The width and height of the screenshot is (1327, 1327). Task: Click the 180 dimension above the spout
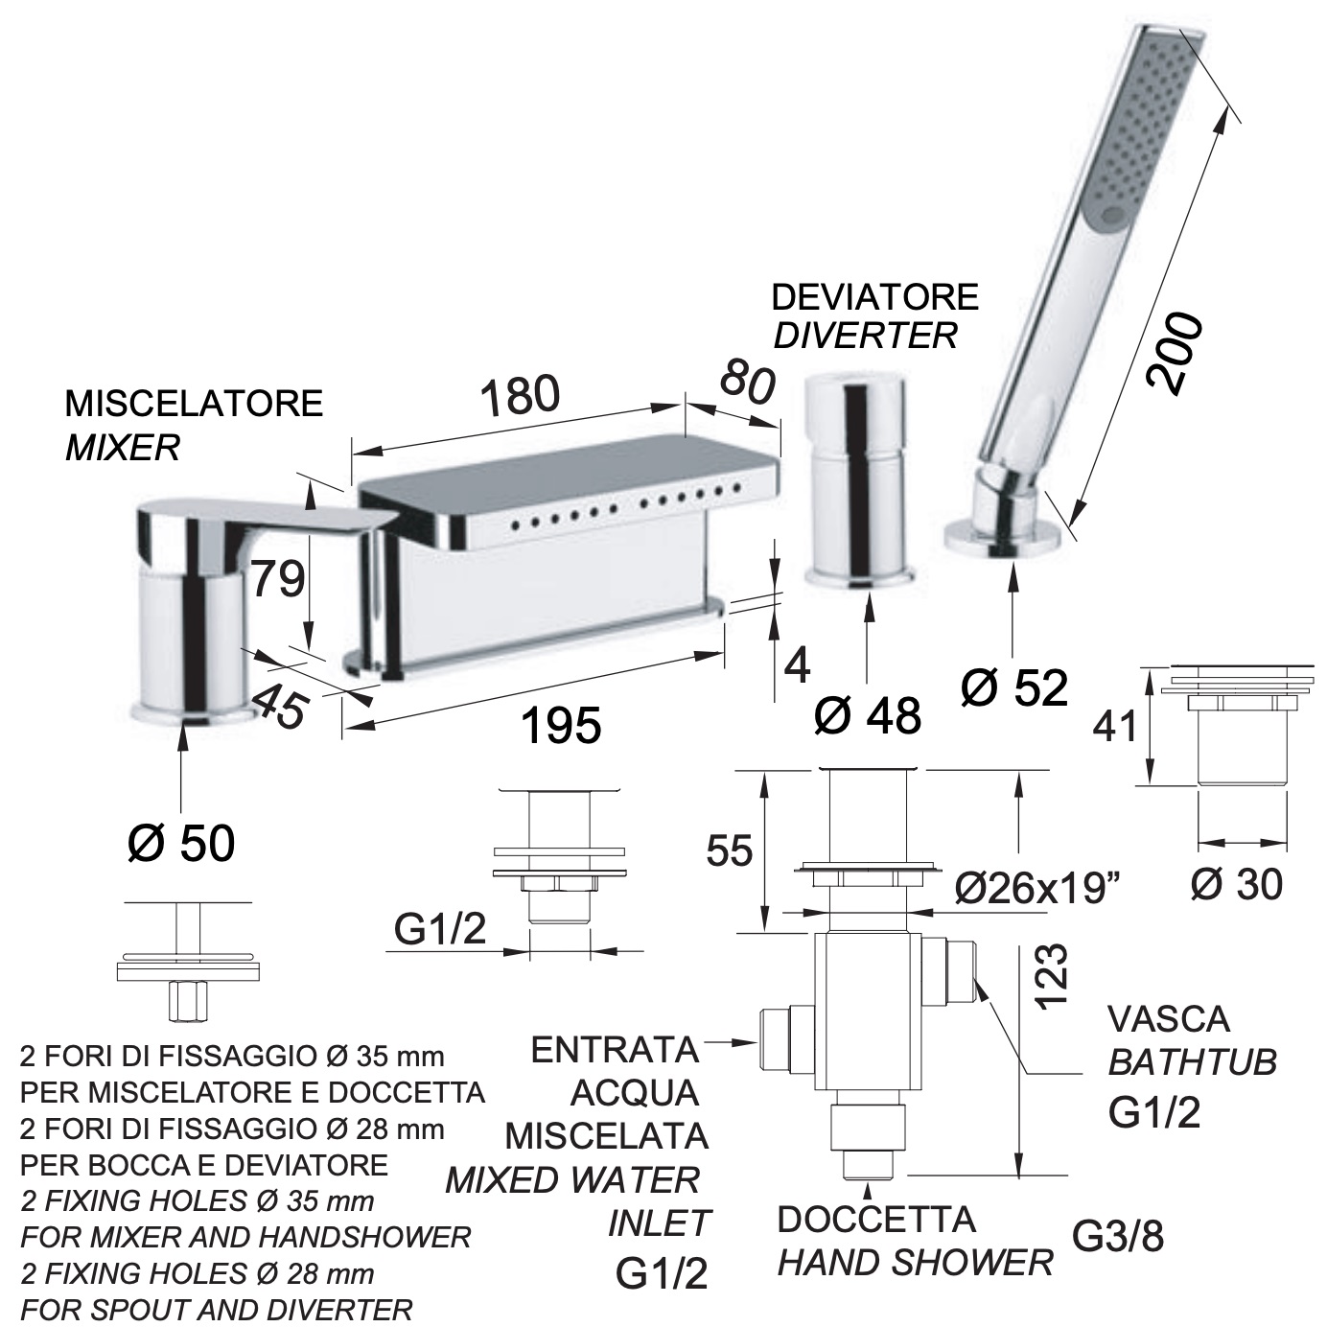pyautogui.click(x=520, y=397)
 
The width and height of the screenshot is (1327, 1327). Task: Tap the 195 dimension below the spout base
pyautogui.click(x=561, y=725)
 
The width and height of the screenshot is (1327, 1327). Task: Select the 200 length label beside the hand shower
pyautogui.click(x=1174, y=354)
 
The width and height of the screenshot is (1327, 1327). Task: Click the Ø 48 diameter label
pyautogui.click(x=867, y=715)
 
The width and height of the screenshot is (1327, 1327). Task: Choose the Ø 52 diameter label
pyautogui.click(x=1013, y=687)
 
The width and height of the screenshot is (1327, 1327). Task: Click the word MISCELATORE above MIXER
pyautogui.click(x=194, y=404)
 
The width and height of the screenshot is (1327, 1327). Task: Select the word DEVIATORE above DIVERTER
pyautogui.click(x=874, y=297)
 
